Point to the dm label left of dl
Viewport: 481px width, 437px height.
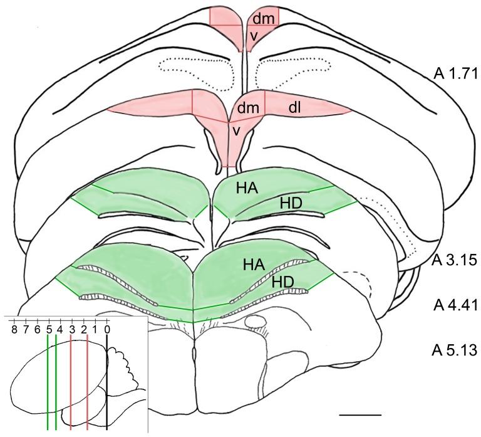pyautogui.click(x=249, y=108)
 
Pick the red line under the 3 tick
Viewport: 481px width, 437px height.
pyautogui.click(x=71, y=382)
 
